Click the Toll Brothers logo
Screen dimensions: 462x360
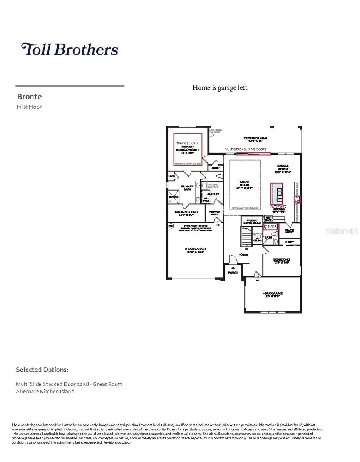pyautogui.click(x=70, y=49)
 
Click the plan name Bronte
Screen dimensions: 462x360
pyautogui.click(x=29, y=96)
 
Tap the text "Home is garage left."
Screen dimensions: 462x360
pyautogui.click(x=220, y=88)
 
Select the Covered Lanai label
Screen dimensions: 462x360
pyautogui.click(x=255, y=139)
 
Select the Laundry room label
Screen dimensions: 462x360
pyautogui.click(x=212, y=194)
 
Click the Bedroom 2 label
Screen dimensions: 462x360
pyautogui.click(x=281, y=261)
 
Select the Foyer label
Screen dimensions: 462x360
pyautogui.click(x=243, y=255)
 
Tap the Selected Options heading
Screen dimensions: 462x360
pyautogui.click(x=42, y=370)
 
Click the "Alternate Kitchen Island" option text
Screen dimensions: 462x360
pyautogui.click(x=45, y=391)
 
